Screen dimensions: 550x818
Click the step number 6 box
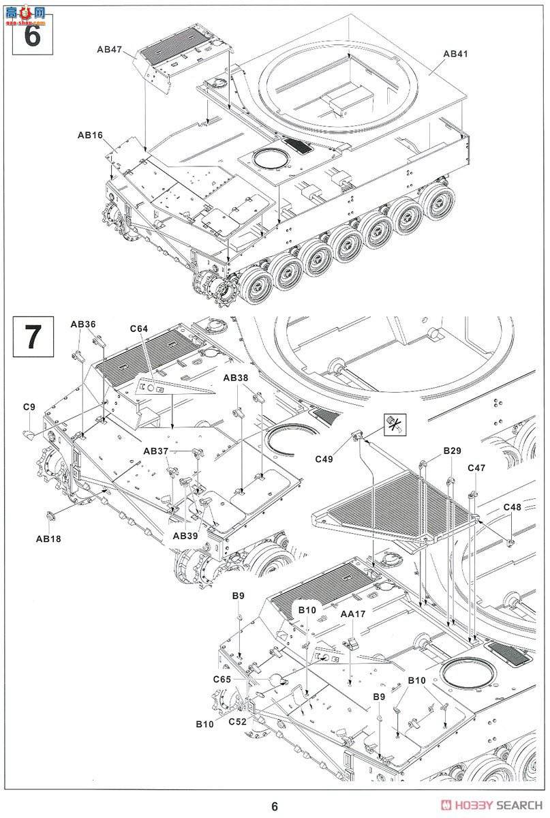(x=33, y=35)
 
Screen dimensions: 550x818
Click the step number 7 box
(x=33, y=336)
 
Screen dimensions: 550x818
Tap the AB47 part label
(x=109, y=49)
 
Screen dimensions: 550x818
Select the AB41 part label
(x=455, y=54)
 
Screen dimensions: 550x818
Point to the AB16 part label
(x=90, y=135)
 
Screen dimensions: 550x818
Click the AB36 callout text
(x=83, y=324)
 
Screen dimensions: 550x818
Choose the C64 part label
(x=139, y=329)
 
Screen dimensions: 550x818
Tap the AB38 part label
(x=236, y=378)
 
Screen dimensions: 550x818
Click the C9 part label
(x=29, y=407)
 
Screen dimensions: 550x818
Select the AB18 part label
(x=48, y=539)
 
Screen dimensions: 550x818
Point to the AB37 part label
(x=156, y=451)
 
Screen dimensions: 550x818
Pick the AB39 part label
(x=185, y=536)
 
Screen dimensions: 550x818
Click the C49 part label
(x=324, y=459)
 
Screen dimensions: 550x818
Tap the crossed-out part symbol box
(x=394, y=423)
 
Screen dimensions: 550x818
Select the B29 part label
(x=452, y=451)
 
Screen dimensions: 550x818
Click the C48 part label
(x=512, y=507)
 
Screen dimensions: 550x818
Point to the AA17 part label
(x=353, y=614)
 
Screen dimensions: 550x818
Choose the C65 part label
(x=222, y=679)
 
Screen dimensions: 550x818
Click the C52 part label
(x=237, y=722)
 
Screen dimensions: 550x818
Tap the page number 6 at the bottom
(x=275, y=806)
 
